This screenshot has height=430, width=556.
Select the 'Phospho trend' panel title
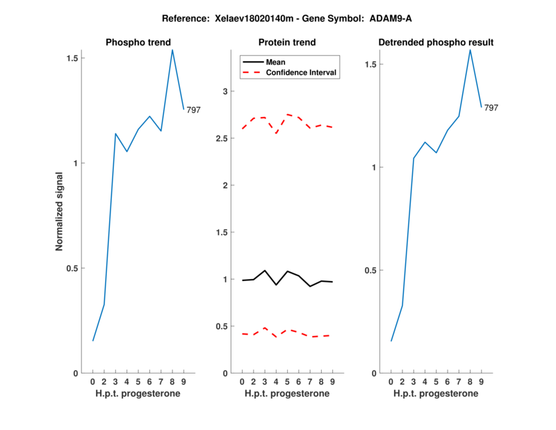138,42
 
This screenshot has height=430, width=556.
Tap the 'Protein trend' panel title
287,42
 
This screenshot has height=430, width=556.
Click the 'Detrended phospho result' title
436,42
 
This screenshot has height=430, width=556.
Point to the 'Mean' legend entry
276,62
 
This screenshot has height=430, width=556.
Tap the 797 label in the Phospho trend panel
193,110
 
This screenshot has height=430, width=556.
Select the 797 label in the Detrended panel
491,108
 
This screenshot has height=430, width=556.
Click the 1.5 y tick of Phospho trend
71,58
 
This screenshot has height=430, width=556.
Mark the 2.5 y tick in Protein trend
220,138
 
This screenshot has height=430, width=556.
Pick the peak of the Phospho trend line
172,49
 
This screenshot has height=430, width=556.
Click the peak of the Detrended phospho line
471,49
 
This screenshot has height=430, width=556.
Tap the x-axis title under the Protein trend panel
287,394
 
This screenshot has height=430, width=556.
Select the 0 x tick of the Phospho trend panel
92,381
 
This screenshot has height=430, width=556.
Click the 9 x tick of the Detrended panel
482,381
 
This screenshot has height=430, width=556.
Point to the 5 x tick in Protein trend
288,381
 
